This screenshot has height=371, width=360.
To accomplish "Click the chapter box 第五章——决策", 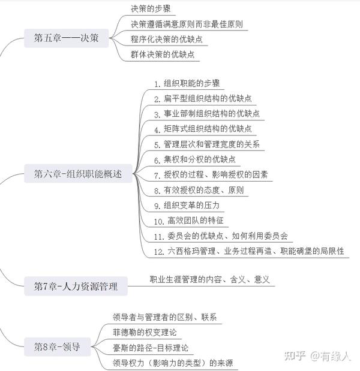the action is click(67, 38).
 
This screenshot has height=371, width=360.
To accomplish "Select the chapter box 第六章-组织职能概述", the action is click(78, 173).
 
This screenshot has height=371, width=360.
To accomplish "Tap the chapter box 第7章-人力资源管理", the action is click(76, 286).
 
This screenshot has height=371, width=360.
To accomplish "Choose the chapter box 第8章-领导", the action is click(58, 346).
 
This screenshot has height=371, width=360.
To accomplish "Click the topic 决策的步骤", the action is click(151, 9).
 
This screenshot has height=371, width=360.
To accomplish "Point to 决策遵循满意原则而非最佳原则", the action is click(187, 24).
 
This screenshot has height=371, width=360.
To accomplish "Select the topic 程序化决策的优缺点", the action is click(167, 40).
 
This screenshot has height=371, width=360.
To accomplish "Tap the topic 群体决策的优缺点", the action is click(163, 55).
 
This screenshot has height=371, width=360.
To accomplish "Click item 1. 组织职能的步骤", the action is click(187, 83).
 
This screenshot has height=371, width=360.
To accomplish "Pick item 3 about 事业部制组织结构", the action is click(207, 114).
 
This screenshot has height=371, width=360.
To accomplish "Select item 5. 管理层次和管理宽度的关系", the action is click(207, 144).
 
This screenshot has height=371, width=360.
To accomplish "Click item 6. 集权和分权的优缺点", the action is click(194, 159).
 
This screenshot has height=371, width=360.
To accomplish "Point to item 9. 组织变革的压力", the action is click(187, 206).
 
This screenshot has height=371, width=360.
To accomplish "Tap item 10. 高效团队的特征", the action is click(189, 221).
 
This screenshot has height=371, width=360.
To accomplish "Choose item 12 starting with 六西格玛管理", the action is click(249, 251).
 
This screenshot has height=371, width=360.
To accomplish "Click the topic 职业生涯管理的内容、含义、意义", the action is click(209, 279).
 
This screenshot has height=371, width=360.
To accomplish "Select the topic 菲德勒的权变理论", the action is click(145, 333).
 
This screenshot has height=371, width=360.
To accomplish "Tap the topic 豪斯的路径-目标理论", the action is click(151, 348).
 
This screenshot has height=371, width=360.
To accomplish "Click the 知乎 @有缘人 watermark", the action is click(317, 356).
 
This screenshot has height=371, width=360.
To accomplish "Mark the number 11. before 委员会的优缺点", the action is click(159, 237).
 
